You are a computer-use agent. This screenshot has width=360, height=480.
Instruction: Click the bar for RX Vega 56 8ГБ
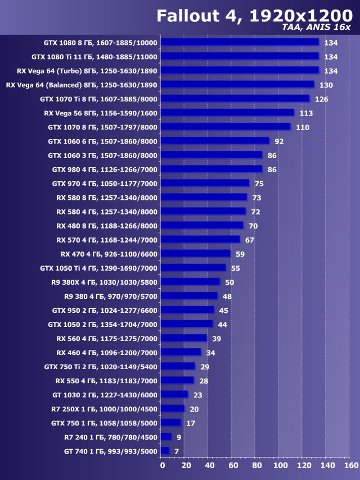coord(227,113)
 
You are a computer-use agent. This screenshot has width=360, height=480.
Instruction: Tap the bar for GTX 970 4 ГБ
coord(205,183)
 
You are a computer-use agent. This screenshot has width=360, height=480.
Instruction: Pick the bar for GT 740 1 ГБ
coord(165,451)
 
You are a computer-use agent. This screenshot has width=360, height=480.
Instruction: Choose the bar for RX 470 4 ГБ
coord(195,253)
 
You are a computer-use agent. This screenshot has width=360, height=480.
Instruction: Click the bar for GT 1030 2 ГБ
coord(174,394)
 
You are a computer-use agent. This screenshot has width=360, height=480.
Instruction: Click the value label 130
coord(326,85)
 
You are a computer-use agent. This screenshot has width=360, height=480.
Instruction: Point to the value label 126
coord(321,99)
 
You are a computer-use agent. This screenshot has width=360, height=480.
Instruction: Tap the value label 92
coord(279,141)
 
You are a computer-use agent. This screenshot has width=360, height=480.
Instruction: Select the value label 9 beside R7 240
coord(179,437)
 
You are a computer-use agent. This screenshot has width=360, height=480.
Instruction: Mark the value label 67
coord(249,240)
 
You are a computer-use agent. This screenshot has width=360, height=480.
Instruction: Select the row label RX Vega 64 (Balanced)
coord(82,85)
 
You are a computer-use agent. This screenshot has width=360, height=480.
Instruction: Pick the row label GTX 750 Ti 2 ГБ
coord(101,366)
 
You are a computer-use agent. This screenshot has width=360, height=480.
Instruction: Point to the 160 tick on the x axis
coord(350,465)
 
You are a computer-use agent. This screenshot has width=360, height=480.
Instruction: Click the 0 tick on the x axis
coord(162,465)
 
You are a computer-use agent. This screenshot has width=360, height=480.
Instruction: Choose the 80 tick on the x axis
coord(256,465)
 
